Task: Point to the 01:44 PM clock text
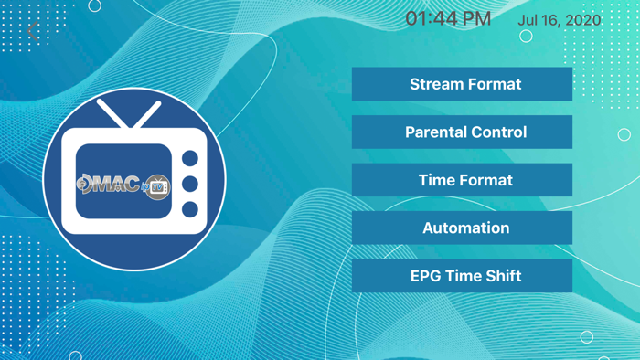coord(448,19)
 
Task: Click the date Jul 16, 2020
coord(560,20)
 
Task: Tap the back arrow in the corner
coord(34,31)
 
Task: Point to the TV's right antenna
coord(147,115)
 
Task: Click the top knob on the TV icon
coord(190,159)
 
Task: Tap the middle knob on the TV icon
coord(190,185)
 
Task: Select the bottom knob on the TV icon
coord(190,210)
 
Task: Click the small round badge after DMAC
coord(157,186)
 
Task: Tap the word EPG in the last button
coord(426,276)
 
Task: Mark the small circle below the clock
coord(526,37)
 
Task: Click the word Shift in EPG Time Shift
coord(503,276)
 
